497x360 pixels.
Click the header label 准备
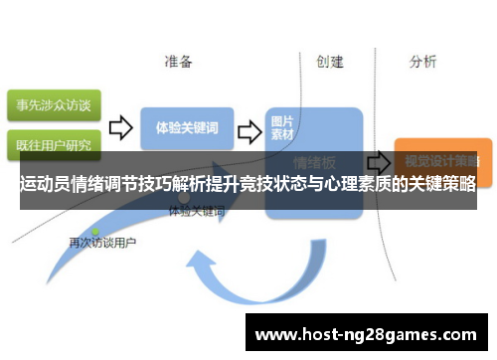[x=179, y=62]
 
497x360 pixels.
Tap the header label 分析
[x=422, y=62]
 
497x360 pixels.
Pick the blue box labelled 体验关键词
[x=187, y=128]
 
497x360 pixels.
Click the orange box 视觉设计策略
[x=436, y=158]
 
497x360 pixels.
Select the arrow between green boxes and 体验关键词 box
[x=120, y=127]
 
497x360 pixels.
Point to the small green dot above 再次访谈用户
[x=95, y=232]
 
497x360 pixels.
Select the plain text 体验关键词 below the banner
[x=196, y=212]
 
